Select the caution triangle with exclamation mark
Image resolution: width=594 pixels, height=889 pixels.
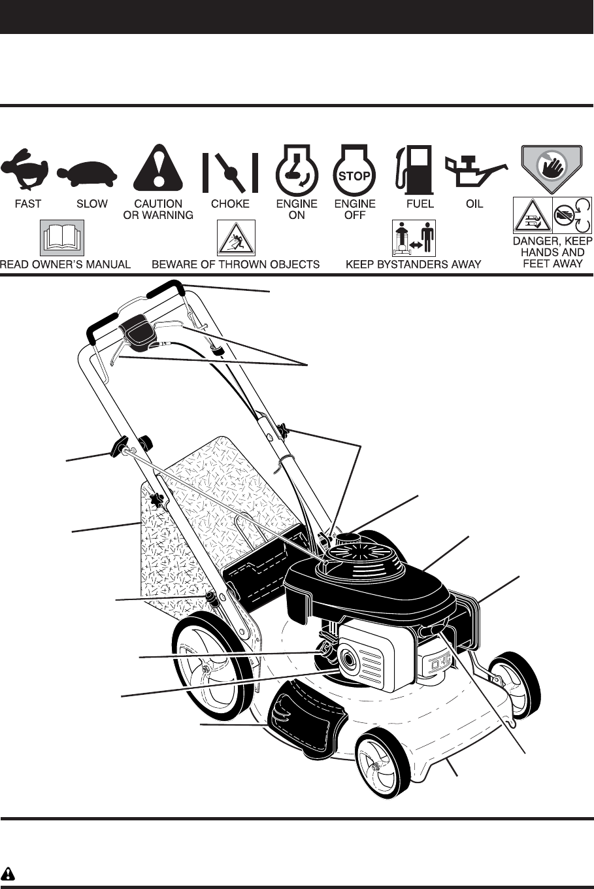coord(157,167)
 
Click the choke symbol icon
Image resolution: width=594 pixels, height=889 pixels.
coord(229,172)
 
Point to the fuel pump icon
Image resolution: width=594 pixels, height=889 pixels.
coord(414,169)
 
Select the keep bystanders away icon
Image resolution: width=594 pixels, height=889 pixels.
coord(413,238)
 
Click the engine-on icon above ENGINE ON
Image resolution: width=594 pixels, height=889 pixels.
coord(296,169)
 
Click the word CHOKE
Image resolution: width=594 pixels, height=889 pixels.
coord(230,204)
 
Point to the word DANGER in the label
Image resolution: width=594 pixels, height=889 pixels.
coord(536,241)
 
